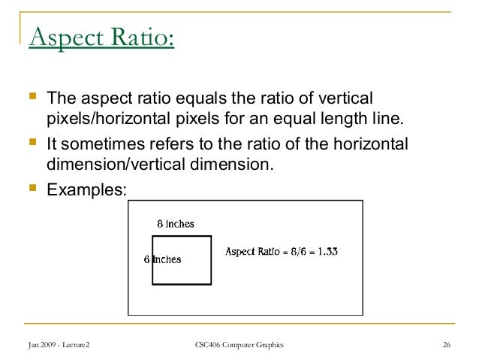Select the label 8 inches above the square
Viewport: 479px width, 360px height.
[175, 224]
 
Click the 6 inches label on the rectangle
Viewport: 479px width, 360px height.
[162, 259]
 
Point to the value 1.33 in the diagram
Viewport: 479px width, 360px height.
[325, 251]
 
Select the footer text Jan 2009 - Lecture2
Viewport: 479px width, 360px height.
[57, 345]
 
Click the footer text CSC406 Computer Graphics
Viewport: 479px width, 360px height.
[239, 345]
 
